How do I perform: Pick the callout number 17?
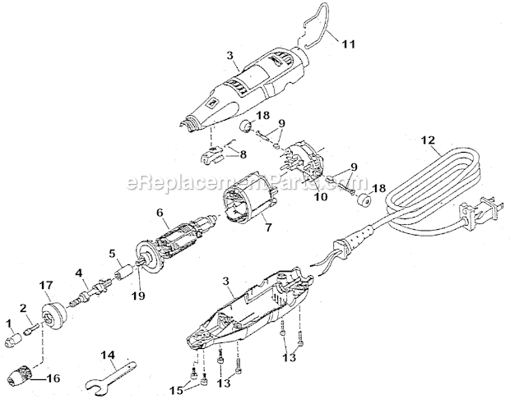tap(46, 285)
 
